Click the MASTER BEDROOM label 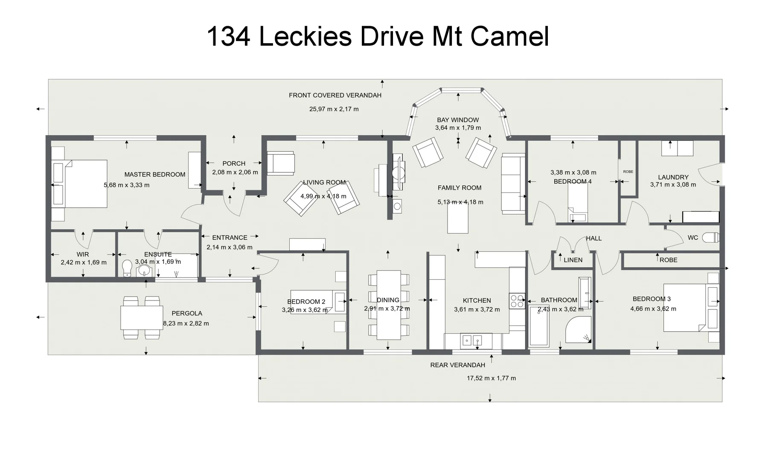(x=154, y=174)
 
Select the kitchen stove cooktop (x=518, y=301)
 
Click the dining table (x=388, y=304)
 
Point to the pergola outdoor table (x=142, y=318)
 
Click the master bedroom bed (x=80, y=184)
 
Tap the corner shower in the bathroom (x=578, y=330)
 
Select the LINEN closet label (x=573, y=260)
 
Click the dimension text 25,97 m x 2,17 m (x=334, y=109)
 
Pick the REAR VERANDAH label (x=457, y=365)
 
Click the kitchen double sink (x=472, y=340)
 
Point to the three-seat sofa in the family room (x=513, y=184)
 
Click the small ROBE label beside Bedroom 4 (x=628, y=172)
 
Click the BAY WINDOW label (x=458, y=120)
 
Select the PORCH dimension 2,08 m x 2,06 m (x=235, y=172)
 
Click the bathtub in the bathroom (x=538, y=326)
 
